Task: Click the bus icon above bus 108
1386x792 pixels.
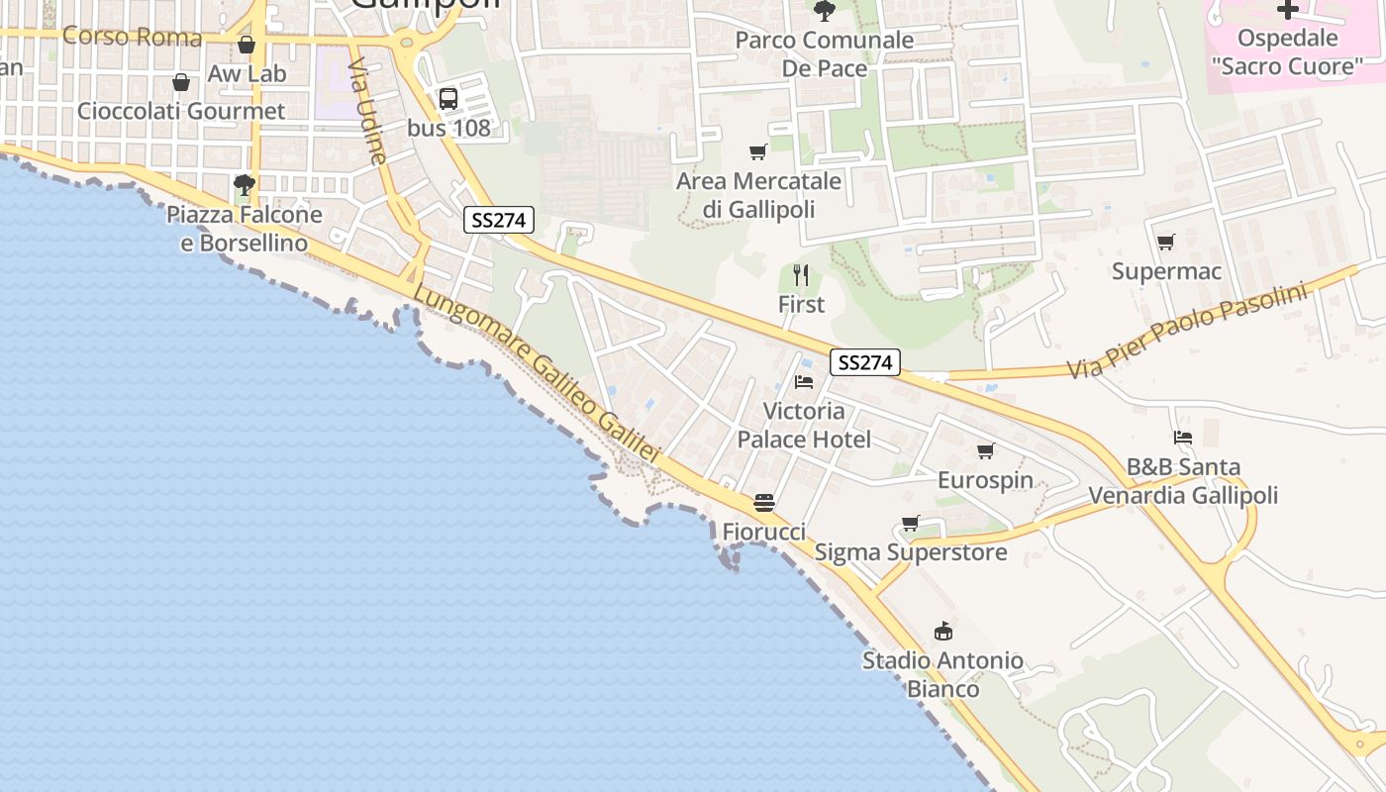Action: pos(448,98)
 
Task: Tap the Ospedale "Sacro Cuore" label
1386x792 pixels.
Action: pos(1286,52)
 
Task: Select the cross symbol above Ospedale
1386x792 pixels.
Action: pos(1287,11)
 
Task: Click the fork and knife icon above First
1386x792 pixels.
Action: pos(801,275)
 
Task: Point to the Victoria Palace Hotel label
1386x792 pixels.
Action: pos(804,425)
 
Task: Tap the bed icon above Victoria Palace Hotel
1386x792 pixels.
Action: pos(804,382)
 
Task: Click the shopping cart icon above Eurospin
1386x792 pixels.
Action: pos(985,451)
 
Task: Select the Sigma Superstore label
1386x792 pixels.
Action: pos(910,552)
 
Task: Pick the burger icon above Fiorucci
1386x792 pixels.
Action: pos(763,503)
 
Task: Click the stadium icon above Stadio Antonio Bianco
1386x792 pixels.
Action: pos(942,631)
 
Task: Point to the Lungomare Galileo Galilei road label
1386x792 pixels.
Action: pos(536,374)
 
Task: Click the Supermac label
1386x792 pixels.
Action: pos(1166,271)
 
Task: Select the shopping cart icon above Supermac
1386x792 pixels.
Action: pos(1166,242)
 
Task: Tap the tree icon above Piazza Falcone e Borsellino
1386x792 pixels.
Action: pos(244,184)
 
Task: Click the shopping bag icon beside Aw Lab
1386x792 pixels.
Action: pos(247,45)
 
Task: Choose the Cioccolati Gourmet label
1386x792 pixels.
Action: pos(181,111)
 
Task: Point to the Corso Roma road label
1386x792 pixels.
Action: pos(132,38)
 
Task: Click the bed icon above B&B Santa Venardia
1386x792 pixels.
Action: pos(1182,438)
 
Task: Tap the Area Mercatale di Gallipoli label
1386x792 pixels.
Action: pos(758,195)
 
